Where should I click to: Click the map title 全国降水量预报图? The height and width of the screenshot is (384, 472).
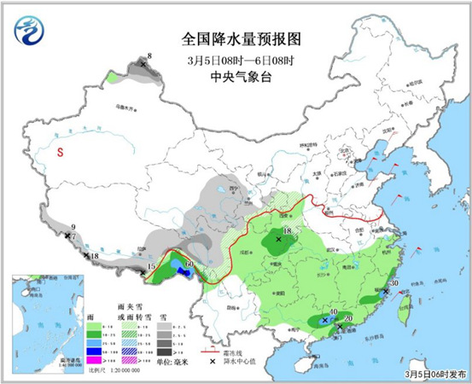242,39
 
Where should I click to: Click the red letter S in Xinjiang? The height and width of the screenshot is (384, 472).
60,153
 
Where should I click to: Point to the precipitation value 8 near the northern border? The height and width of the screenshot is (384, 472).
149,56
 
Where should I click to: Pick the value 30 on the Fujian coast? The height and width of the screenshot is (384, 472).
394,284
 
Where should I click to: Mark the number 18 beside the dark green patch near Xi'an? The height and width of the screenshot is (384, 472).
288,231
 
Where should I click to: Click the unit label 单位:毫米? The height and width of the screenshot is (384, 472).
183,364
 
